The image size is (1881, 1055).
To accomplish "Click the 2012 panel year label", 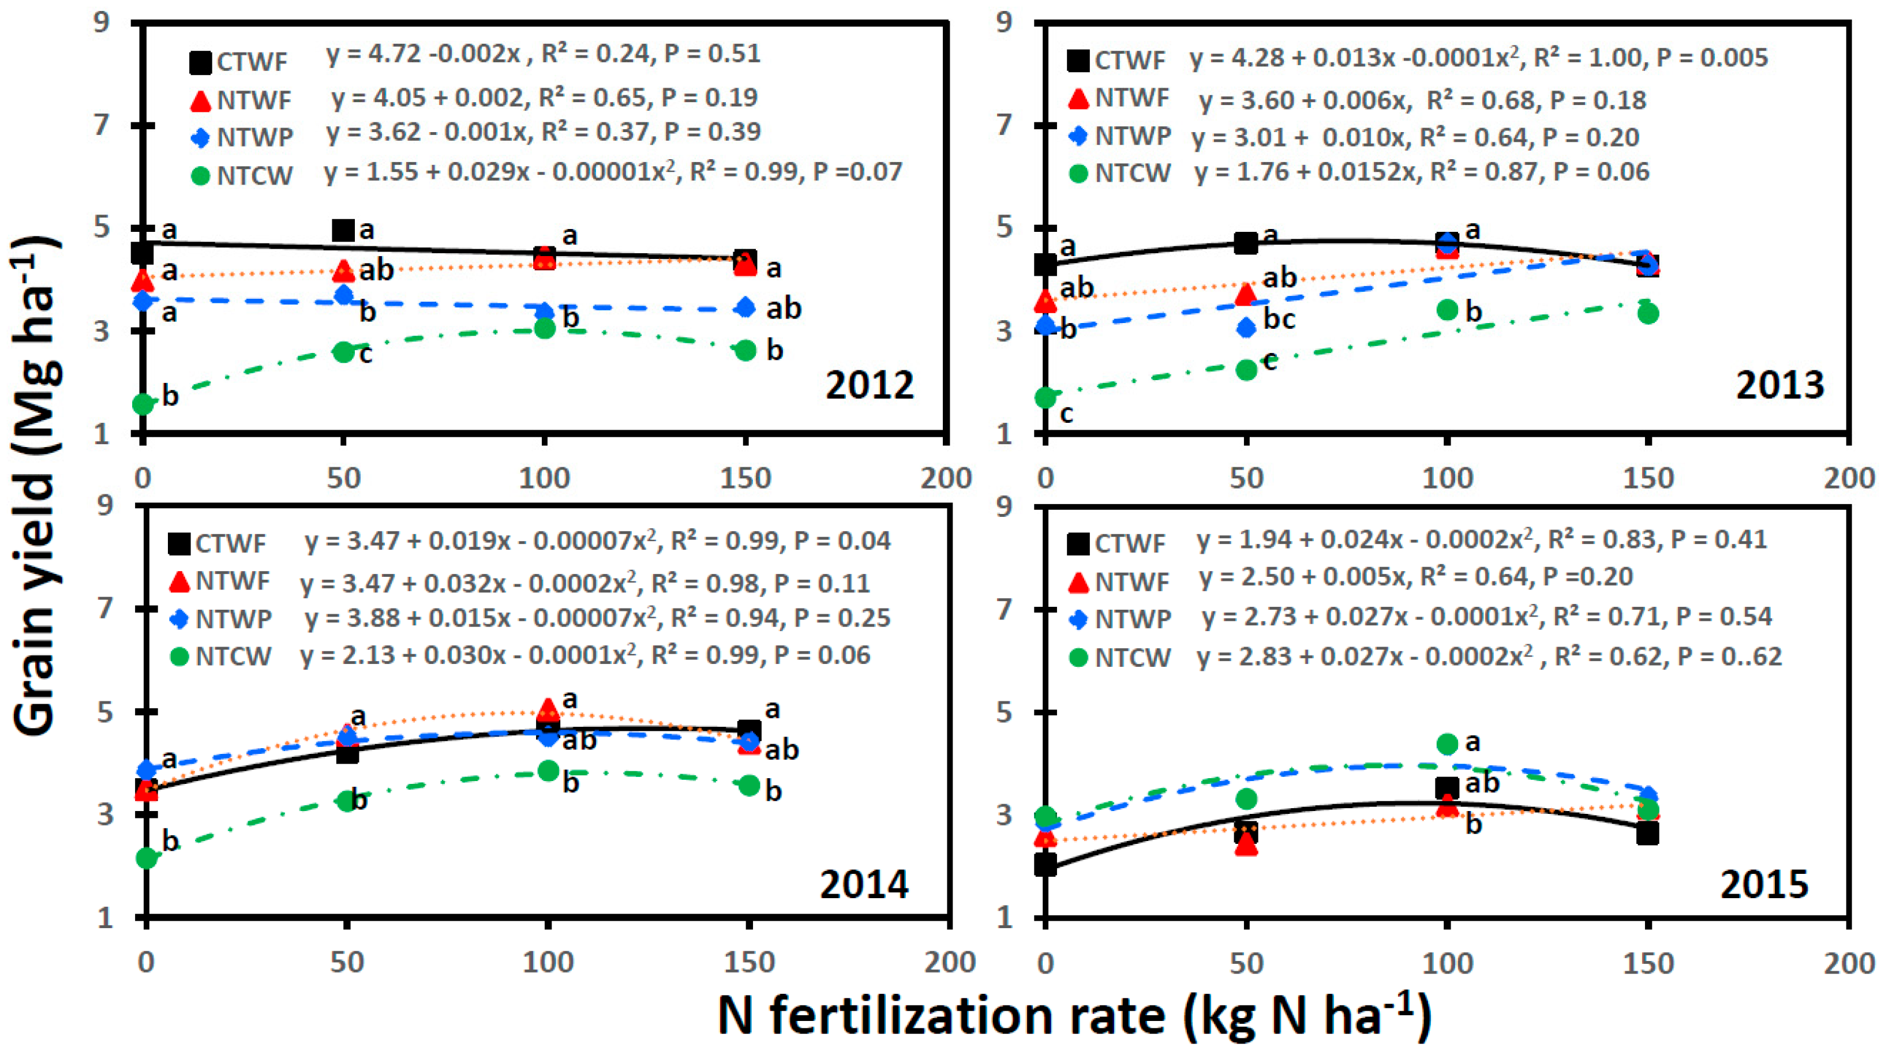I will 870,385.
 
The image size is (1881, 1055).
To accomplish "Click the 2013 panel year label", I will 1779,385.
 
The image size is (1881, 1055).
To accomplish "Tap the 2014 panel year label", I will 864,885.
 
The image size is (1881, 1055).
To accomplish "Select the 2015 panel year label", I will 1765,885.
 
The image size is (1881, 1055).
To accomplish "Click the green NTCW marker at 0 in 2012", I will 143,404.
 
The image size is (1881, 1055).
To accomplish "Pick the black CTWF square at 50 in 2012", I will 343,231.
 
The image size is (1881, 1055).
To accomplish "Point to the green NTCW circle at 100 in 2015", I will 1447,744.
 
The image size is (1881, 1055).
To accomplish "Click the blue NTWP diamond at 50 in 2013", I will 1246,328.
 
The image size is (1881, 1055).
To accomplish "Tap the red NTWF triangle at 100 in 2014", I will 548,709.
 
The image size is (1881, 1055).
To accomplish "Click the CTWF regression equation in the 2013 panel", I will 1479,58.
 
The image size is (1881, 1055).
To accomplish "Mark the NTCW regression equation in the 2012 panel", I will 613,172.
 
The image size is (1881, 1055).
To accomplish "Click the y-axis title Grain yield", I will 36,486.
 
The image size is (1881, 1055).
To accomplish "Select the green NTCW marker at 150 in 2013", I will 1647,313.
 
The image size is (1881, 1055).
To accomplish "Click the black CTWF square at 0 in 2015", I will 1046,865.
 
